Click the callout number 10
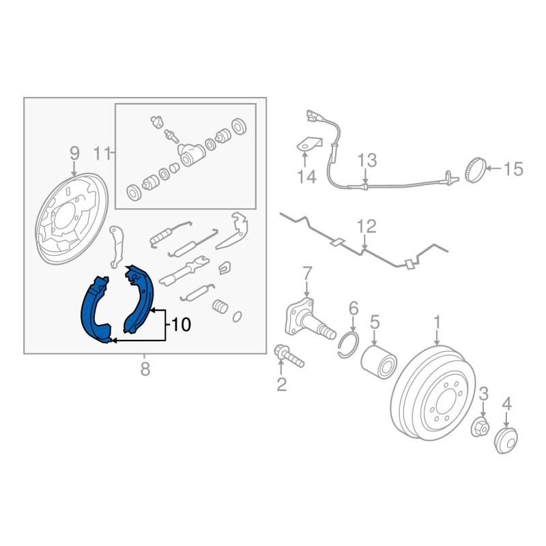click(x=181, y=325)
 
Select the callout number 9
click(x=74, y=154)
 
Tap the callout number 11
click(x=102, y=154)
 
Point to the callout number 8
click(x=145, y=369)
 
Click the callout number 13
click(x=367, y=160)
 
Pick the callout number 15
click(x=513, y=169)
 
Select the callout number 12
click(x=367, y=227)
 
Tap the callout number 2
click(x=281, y=384)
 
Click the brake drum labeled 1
click(x=433, y=392)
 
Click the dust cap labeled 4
click(x=506, y=441)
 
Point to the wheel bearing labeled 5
click(x=379, y=362)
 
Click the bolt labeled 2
click(x=289, y=356)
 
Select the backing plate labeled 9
click(x=72, y=218)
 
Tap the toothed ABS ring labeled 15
click(x=475, y=170)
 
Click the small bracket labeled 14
click(x=308, y=144)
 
